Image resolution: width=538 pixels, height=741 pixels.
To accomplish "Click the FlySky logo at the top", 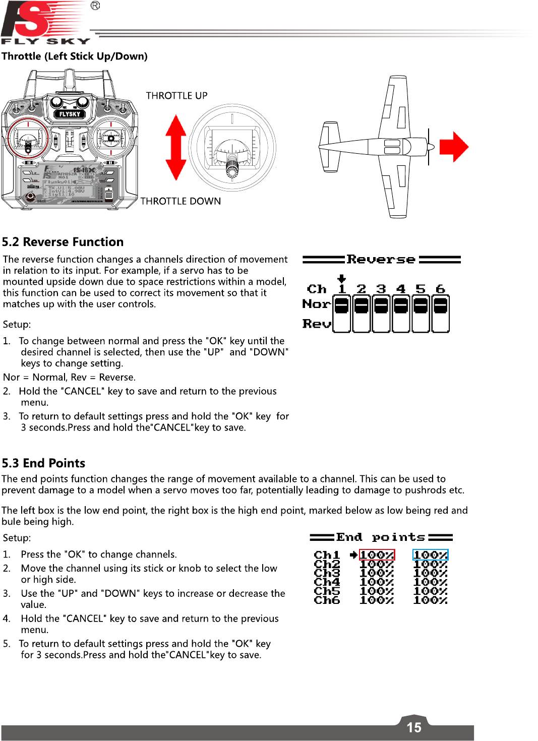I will tap(45, 23).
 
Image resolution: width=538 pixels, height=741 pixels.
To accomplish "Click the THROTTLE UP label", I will tap(176, 96).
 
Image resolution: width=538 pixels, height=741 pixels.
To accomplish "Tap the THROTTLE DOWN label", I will tap(181, 201).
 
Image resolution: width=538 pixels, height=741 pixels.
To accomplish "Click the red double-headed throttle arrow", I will tap(175, 147).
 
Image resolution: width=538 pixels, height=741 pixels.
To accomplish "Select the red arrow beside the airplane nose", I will tap(454, 147).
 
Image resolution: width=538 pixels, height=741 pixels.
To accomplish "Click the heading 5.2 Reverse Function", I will tap(63, 242).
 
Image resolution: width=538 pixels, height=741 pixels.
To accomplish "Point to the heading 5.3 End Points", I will tap(43, 463).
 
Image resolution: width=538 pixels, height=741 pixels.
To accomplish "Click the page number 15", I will tap(414, 727).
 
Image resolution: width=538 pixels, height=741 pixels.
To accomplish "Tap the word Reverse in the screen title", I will tap(381, 260).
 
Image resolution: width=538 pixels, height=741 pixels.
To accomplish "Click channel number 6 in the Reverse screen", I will tap(440, 289).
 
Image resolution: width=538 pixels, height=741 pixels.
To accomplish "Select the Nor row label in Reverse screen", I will tap(316, 304).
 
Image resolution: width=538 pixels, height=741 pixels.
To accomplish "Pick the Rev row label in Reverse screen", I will tap(316, 324).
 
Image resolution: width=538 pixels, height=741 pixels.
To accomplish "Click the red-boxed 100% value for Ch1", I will tap(377, 555).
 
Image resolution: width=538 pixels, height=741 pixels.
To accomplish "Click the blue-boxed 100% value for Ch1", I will tap(430, 555).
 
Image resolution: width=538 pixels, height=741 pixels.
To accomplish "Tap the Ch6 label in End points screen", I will tap(327, 600).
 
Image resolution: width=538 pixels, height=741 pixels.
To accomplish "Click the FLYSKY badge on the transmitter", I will tap(70, 114).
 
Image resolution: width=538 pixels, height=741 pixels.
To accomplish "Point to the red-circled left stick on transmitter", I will tap(28, 139).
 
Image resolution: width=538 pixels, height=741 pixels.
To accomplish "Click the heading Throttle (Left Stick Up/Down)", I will tap(75, 56).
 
